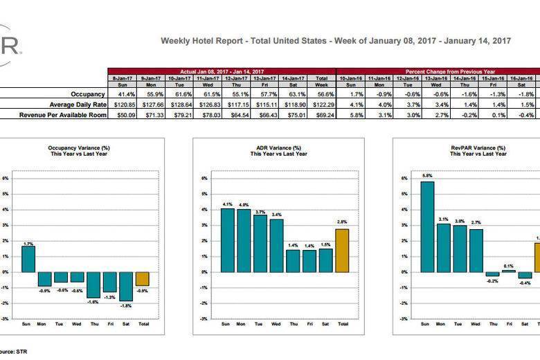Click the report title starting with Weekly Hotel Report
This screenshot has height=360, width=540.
[336, 41]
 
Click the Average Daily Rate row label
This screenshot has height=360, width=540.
[75, 105]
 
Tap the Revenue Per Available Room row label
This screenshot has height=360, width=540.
[63, 115]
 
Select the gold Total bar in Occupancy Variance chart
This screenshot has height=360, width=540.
[142, 278]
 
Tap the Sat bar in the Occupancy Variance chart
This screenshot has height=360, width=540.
[125, 286]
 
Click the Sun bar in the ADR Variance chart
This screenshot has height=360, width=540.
[227, 240]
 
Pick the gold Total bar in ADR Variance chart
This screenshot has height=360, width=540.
[343, 251]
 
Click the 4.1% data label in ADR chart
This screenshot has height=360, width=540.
[227, 204]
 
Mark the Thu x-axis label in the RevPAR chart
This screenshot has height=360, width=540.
[492, 324]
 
